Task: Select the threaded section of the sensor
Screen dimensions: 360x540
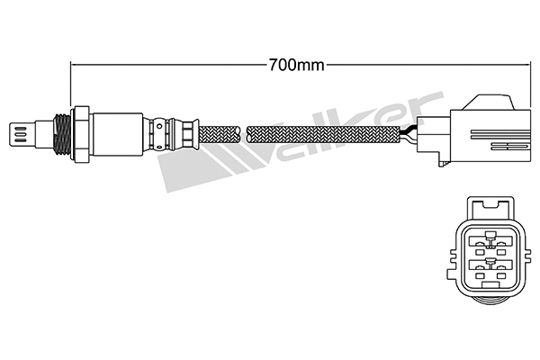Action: pos(62,134)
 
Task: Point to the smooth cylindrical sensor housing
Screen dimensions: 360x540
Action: pos(117,134)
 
